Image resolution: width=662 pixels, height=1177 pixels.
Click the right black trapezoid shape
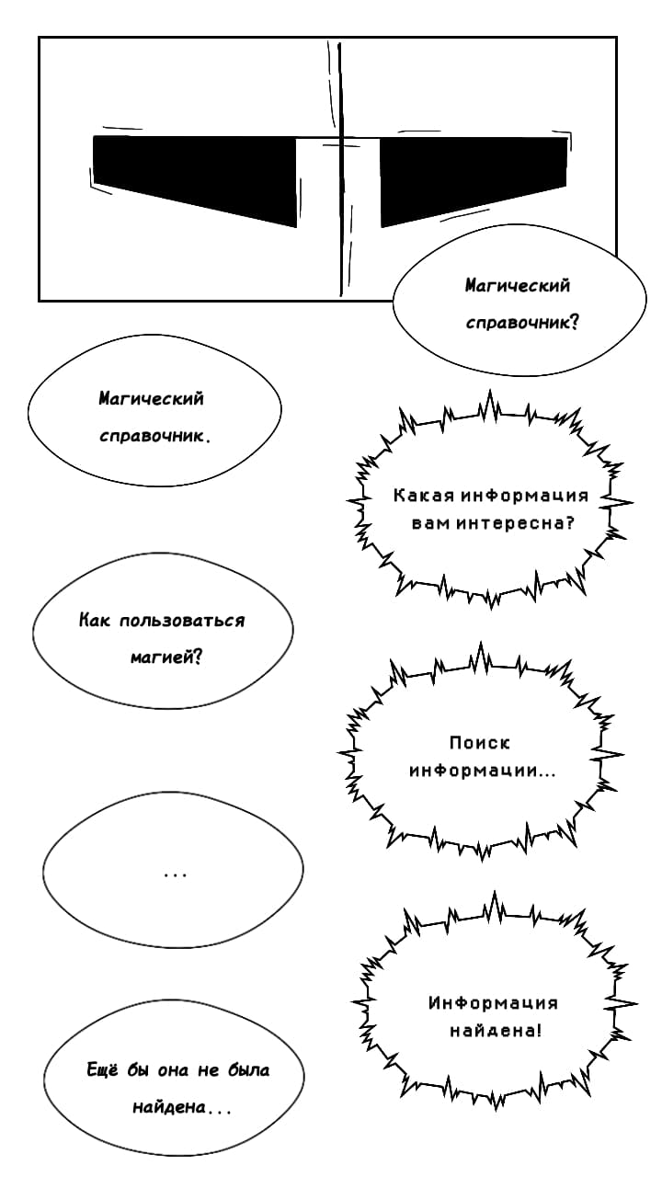[473, 175]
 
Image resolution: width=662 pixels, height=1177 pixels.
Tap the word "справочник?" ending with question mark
[521, 323]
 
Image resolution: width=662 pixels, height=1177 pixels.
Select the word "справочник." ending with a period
[154, 436]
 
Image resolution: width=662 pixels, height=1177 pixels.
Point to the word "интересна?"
[515, 523]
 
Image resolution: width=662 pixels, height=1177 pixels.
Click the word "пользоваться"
[182, 621]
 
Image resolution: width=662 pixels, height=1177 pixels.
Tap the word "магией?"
[166, 657]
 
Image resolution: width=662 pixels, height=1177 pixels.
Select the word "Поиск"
[480, 743]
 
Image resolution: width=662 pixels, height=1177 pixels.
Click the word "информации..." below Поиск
[482, 771]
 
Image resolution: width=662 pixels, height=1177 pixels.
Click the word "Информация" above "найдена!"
[493, 1002]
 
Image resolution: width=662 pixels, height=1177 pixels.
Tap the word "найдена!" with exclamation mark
[495, 1031]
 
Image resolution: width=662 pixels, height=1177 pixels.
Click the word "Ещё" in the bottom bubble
[102, 1069]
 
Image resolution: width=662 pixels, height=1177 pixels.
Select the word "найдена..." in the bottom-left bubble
[181, 1106]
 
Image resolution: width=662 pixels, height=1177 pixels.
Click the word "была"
[248, 1069]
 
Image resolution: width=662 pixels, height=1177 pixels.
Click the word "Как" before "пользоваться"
[95, 621]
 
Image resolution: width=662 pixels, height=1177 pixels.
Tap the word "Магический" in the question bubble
[518, 285]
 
